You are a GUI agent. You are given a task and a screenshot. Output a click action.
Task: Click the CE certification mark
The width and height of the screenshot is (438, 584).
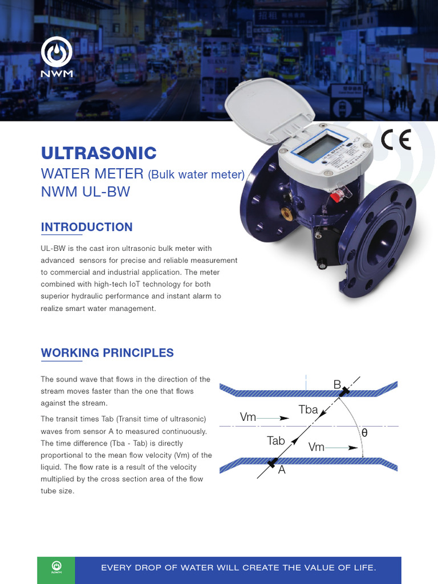click(396, 140)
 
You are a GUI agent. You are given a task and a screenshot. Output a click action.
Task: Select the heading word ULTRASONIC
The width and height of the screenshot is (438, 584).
click(99, 153)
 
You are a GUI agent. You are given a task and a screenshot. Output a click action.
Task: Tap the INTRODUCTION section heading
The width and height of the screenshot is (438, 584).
click(87, 227)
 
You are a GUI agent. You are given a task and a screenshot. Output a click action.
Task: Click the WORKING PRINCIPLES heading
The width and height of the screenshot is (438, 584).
click(107, 352)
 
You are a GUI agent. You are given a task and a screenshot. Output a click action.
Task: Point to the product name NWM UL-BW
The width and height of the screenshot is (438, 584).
click(86, 192)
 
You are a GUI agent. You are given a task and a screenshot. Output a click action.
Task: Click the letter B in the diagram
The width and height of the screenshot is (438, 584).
click(337, 385)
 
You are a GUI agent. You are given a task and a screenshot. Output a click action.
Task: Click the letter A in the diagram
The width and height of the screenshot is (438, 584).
click(281, 470)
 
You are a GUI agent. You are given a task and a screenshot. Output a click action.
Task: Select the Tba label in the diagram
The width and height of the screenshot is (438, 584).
click(309, 409)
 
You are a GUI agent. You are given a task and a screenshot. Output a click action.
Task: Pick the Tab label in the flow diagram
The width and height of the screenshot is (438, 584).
click(276, 440)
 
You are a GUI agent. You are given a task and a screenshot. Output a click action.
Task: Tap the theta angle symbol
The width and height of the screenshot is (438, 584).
click(364, 433)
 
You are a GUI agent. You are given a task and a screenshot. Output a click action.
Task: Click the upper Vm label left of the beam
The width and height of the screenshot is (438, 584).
click(248, 417)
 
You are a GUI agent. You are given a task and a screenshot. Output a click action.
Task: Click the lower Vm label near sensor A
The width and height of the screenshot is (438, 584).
click(317, 447)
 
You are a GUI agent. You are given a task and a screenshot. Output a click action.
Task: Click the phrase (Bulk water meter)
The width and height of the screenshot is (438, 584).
click(196, 174)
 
